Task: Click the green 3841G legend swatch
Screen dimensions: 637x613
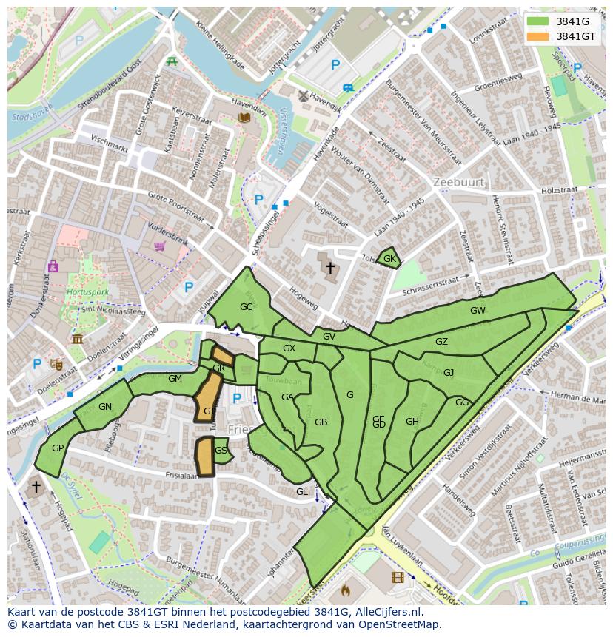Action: point(538,21)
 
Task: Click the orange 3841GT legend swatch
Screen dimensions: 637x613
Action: point(538,36)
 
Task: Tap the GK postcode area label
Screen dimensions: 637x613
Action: point(390,259)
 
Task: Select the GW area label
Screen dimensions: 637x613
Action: point(478,311)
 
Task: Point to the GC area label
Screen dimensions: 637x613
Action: point(247,306)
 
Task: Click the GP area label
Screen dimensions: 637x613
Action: point(58,448)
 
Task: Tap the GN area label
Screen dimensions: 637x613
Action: point(105,406)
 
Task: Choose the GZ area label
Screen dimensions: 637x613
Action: point(441,342)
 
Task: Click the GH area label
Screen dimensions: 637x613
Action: point(412,422)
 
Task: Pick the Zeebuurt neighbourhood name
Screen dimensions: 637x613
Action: point(459,182)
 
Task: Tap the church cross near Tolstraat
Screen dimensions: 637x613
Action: point(329,267)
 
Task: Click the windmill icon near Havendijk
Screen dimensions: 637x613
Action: point(302,95)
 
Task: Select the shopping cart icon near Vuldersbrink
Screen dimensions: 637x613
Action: point(159,246)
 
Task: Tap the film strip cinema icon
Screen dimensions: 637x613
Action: point(398,578)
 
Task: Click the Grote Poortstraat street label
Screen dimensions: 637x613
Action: point(175,206)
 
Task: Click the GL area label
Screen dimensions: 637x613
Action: point(301,491)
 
